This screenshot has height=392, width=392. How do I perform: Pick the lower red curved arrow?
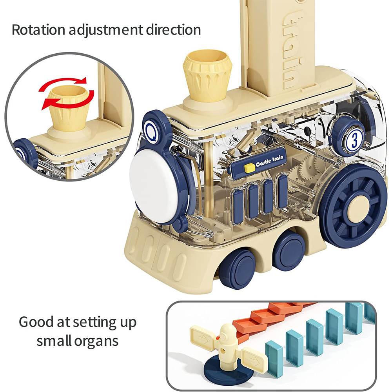point(69,100)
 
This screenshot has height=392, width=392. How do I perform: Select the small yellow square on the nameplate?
point(248,168)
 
